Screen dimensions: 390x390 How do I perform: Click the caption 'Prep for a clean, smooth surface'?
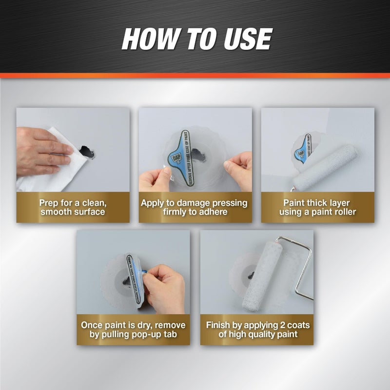[x=73, y=207]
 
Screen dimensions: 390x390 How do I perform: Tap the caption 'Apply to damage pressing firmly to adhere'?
[x=195, y=207]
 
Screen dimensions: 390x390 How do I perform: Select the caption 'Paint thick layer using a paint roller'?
[x=317, y=207]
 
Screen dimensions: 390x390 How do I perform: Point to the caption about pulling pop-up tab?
[x=133, y=330]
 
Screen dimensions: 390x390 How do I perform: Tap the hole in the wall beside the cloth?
[x=87, y=152]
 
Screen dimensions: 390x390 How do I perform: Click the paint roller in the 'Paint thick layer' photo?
[x=331, y=161]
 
